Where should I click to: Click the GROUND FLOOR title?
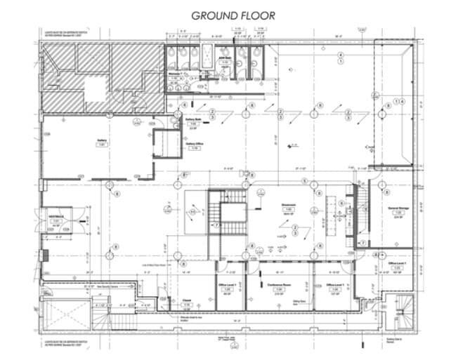(x=233, y=15)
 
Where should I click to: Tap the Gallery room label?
(x=101, y=140)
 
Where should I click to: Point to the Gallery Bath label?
(x=194, y=120)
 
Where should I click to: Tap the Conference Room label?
(x=278, y=284)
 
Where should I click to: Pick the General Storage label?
(x=398, y=209)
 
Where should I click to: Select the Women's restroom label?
(x=174, y=74)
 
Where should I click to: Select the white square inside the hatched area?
(x=94, y=90)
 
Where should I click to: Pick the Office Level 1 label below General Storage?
(x=398, y=263)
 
